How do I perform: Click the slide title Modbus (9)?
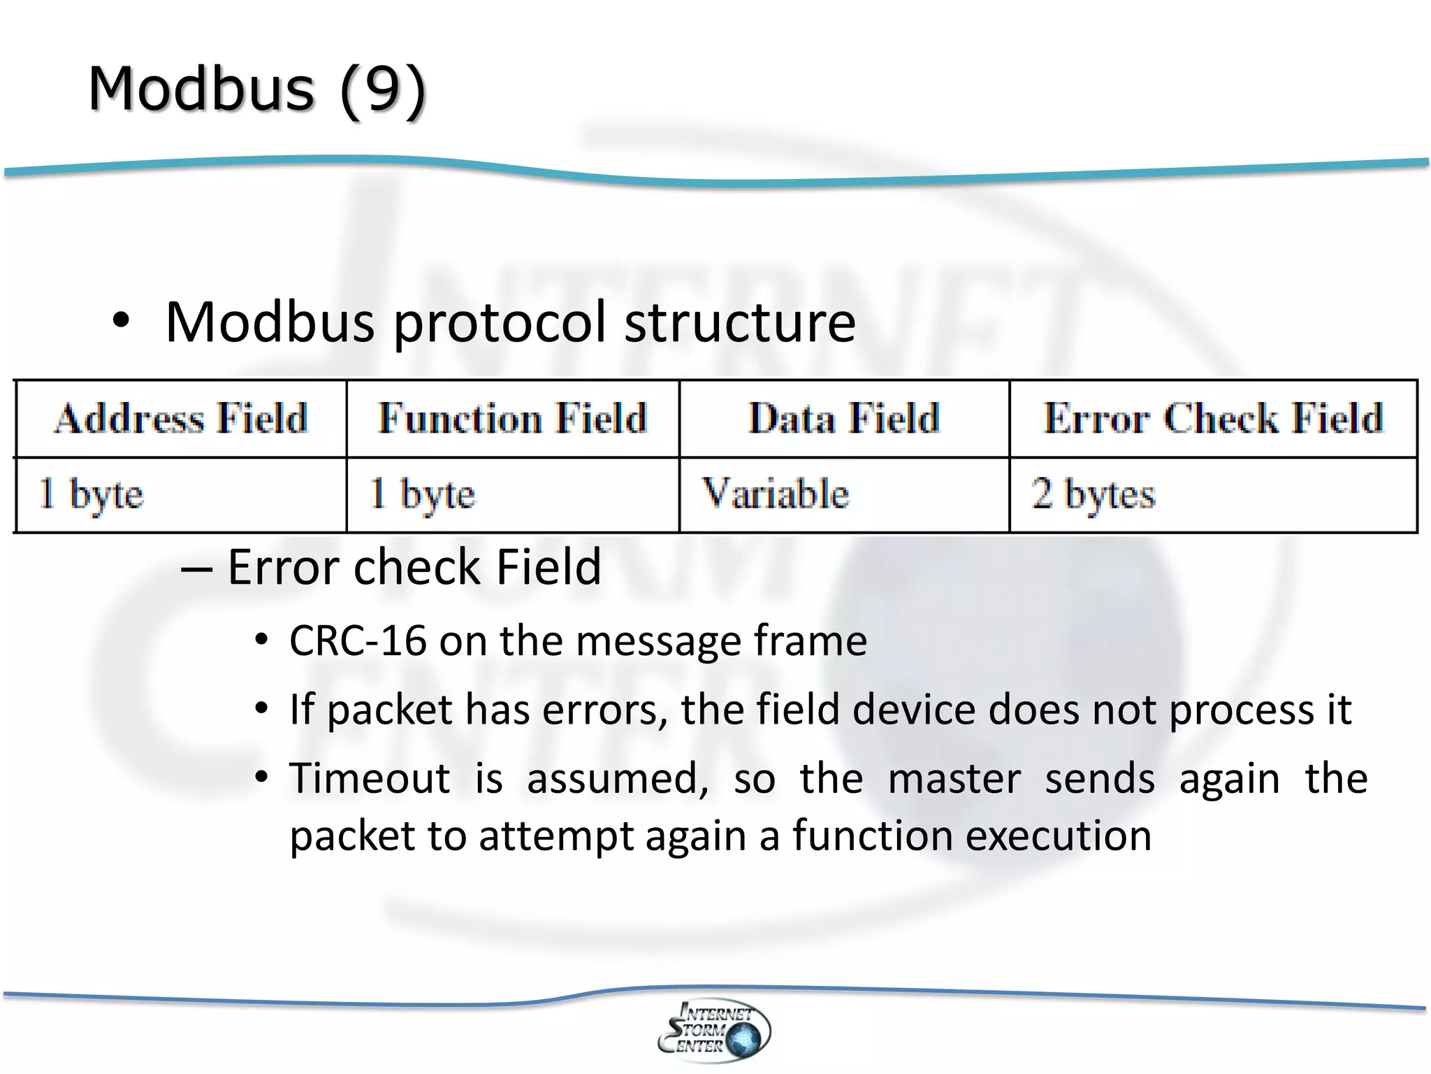tap(257, 89)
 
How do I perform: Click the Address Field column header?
tap(181, 418)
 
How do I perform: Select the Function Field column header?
tap(513, 418)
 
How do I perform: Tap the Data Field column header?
tap(844, 418)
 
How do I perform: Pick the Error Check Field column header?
tap(1213, 418)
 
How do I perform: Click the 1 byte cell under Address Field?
tap(91, 494)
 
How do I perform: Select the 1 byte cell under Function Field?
tap(422, 494)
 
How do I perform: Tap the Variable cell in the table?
tap(775, 494)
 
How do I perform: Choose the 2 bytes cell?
tap(1094, 494)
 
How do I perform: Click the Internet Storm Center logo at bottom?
tap(714, 1030)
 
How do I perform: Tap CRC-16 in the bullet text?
tap(358, 640)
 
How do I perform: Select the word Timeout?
tap(370, 778)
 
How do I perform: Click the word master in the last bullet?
tap(954, 778)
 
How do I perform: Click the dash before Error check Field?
tap(196, 568)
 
